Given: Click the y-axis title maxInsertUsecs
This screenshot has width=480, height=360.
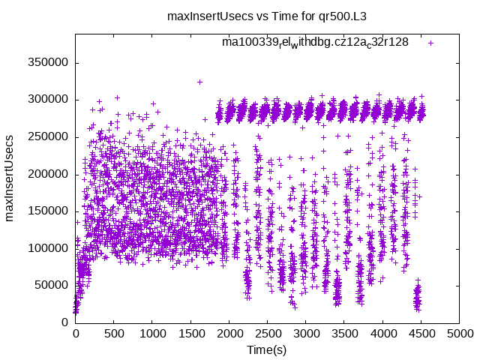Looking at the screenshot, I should [x=10, y=178].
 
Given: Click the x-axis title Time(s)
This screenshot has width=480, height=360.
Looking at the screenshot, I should [x=266, y=349].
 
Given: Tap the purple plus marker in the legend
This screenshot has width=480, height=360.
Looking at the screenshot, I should [x=430, y=43].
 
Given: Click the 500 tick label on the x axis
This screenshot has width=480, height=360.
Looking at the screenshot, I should [x=113, y=334].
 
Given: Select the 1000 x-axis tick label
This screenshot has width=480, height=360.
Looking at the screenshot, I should [x=151, y=334].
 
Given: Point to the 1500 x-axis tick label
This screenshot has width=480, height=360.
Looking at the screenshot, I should [x=190, y=334].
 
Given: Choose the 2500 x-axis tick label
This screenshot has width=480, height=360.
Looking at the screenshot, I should [x=267, y=334].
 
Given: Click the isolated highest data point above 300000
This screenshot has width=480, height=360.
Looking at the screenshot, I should [x=199, y=82].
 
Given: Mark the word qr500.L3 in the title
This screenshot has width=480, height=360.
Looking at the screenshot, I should [x=308, y=16].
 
